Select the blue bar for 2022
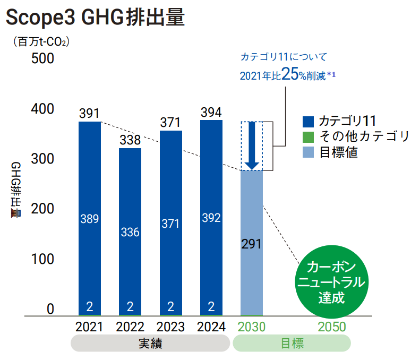click(130, 202)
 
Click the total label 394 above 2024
click(211, 113)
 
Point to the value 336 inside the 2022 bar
click(130, 232)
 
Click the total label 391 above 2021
click(89, 114)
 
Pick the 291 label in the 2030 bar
click(252, 245)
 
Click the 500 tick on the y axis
click(43, 58)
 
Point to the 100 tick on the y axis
click(43, 259)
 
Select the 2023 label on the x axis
click(170, 327)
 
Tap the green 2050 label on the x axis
click(331, 327)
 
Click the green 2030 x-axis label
click(252, 327)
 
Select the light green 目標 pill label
click(292, 344)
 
